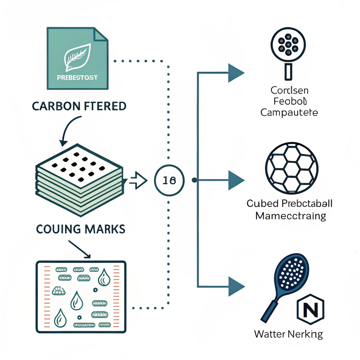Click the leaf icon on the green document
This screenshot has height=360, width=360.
77,58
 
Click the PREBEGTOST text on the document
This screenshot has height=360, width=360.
77,77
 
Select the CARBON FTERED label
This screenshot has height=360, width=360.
79,106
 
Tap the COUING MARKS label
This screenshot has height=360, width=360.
81,229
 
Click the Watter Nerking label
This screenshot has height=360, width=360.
288,334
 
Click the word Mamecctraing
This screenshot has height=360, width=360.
290,215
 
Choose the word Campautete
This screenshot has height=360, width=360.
289,113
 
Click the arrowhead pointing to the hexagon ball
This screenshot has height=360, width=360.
236,180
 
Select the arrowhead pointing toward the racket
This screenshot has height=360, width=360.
236,286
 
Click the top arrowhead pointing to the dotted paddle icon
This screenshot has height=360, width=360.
236,73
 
